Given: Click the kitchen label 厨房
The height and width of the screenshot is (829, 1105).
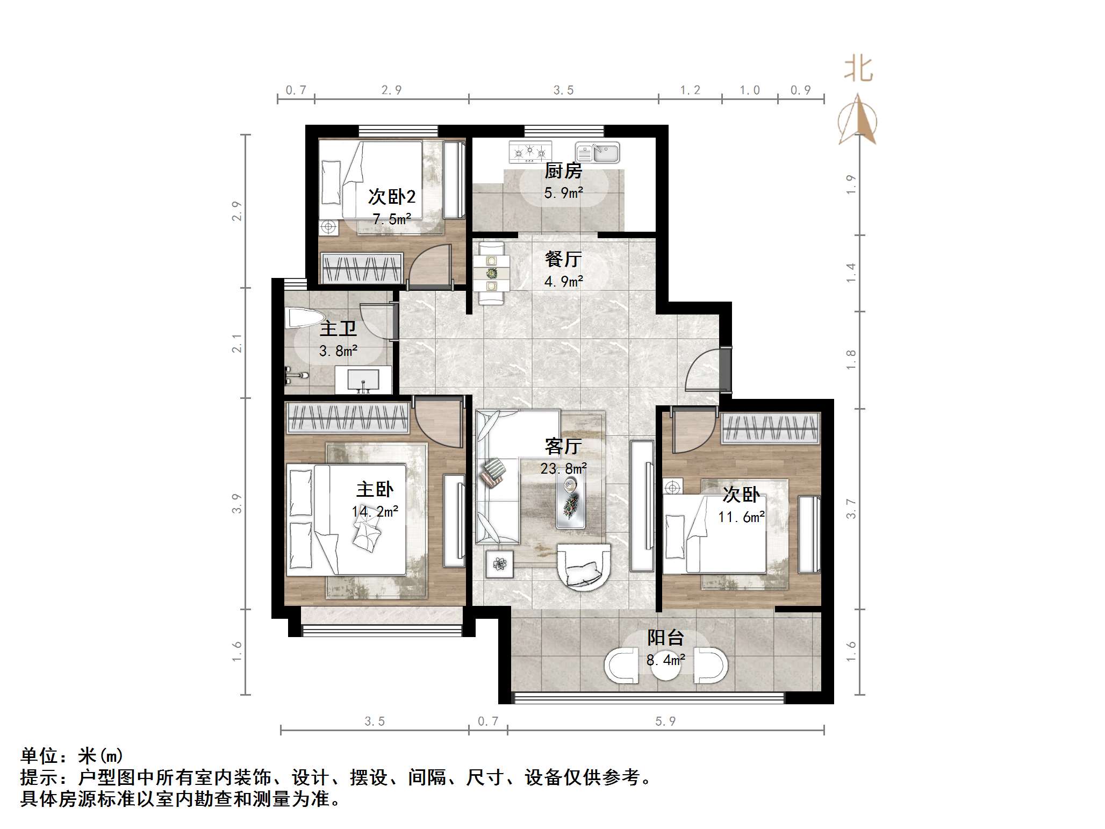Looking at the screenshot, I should click(563, 171).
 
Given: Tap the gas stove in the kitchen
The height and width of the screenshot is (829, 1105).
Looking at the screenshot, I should click(530, 152).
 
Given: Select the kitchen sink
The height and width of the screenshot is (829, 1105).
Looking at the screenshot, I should click(598, 153).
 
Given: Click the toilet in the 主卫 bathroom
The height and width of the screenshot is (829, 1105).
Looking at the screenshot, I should click(305, 318).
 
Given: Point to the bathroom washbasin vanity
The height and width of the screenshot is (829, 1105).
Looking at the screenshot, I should click(364, 380).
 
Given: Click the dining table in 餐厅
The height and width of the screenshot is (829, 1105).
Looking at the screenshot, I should click(492, 273).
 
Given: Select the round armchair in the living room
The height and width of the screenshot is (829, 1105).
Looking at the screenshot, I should click(583, 567).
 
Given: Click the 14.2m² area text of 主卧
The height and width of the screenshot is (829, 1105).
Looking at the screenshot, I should click(375, 511).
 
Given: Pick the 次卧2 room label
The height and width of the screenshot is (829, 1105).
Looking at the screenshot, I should click(391, 197).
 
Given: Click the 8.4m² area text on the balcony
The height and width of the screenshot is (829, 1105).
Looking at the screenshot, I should click(665, 660).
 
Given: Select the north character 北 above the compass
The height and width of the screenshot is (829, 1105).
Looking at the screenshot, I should click(858, 70).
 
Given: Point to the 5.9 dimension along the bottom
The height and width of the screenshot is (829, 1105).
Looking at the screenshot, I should click(665, 721).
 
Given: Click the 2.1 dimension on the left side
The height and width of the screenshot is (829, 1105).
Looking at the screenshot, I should click(237, 343).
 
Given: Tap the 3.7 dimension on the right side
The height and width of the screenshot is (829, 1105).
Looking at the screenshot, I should click(851, 509).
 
